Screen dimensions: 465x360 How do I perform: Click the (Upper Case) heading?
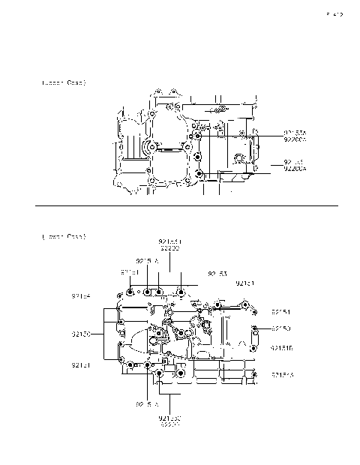coord(64,82)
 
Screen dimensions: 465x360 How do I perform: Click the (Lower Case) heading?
coord(64,236)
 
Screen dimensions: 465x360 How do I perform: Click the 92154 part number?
coord(81,296)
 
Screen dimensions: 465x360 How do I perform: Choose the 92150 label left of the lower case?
coord(81,334)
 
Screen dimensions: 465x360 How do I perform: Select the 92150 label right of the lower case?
coord(281,328)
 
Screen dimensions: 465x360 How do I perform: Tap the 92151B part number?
coord(281,348)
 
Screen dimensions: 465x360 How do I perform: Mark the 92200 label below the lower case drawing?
coord(169,424)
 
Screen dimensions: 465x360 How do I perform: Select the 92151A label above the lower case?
coord(148,261)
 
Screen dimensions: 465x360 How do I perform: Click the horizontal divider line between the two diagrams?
coord(187,204)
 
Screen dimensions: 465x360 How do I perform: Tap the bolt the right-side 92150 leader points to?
coord(256,328)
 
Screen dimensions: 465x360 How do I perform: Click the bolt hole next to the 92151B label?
coord(256,348)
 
